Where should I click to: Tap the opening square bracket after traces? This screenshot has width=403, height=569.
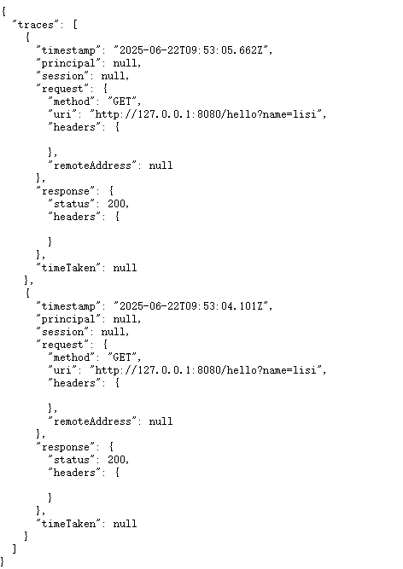coord(75,25)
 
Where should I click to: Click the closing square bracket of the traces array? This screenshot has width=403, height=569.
coord(15,549)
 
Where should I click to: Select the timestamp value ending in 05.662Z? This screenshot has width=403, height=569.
coord(192,50)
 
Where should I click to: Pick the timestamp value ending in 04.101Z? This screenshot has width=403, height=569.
coord(192,306)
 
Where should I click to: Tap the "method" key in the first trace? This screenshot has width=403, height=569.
coord(72,102)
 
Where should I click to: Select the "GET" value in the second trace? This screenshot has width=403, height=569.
coord(122,357)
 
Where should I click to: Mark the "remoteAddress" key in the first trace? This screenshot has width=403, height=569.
coord(92,165)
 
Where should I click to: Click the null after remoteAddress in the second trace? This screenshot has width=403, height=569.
coord(161,421)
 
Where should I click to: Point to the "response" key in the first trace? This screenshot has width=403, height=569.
coord(66,191)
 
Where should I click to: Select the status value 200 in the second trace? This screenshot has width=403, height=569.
coord(116,460)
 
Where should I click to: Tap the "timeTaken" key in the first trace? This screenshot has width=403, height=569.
coord(68,268)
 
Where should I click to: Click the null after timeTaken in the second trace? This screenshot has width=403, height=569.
coord(125,524)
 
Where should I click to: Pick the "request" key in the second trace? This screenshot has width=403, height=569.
coord(62,345)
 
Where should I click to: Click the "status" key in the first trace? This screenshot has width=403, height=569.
coord(72,204)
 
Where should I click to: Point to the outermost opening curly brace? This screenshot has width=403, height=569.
coord(3,12)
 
